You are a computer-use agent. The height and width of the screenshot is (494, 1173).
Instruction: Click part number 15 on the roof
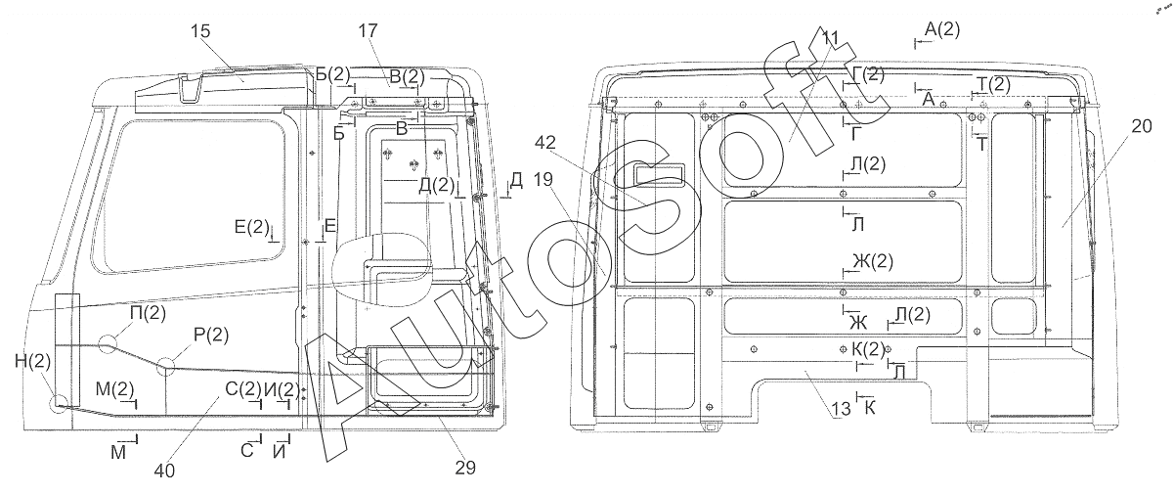pos(200,31)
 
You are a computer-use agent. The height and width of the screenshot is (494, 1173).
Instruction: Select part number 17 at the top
pos(368,31)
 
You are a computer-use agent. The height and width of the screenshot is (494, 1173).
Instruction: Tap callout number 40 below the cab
pos(164,471)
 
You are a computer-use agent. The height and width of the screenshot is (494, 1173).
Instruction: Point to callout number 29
pos(465,468)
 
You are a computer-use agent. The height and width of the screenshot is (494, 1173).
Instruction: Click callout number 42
pos(545,143)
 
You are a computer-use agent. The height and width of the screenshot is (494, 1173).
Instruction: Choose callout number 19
pos(543,180)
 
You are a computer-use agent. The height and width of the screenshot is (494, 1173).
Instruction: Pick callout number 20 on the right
pos(1142,126)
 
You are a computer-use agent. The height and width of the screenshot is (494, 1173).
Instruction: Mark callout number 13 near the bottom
pos(842,409)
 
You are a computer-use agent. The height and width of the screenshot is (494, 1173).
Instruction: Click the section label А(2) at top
pos(942,29)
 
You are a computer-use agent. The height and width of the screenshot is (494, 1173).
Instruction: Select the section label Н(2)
pos(33,361)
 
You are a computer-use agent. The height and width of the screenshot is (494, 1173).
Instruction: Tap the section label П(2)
pos(149,313)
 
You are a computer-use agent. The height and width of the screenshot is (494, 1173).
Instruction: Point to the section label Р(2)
pos(211,335)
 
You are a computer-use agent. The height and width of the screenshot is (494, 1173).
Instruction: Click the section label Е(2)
pos(252,227)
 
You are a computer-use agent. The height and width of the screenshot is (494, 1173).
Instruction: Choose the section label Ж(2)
pos(873,261)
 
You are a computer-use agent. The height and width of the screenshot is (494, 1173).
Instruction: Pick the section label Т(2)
pos(994,84)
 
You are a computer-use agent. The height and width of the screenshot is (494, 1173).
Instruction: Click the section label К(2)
pos(868,348)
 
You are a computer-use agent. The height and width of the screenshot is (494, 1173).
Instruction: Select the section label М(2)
pos(115,389)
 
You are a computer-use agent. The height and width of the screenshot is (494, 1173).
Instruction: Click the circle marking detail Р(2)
pos(166,366)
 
